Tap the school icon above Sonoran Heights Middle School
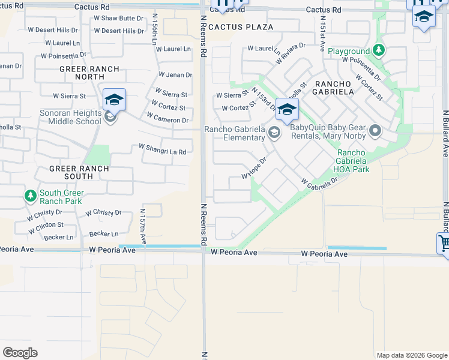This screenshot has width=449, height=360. (114, 99)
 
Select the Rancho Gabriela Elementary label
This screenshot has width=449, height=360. (235, 133)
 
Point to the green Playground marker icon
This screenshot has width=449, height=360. (378, 50)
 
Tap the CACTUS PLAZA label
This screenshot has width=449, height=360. (241, 27)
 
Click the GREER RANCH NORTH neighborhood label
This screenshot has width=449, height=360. (89, 73)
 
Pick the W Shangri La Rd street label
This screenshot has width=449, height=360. (162, 149)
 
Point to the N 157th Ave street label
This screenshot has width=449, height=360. (143, 227)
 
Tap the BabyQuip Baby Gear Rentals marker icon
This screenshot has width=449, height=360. (376, 130)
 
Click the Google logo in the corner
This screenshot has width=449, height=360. (20, 353)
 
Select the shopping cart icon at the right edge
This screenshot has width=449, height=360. (444, 245)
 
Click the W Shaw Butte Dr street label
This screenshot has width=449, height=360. (119, 18)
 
